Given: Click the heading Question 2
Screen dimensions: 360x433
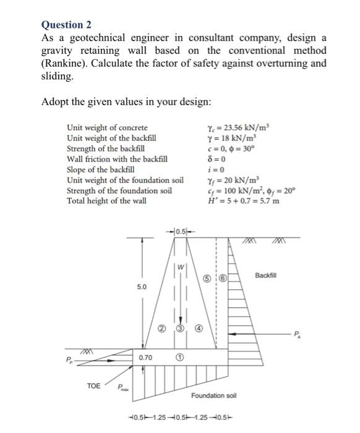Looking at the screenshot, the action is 66,25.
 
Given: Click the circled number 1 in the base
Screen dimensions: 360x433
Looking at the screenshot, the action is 179,357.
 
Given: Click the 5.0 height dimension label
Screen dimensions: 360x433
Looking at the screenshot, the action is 142,287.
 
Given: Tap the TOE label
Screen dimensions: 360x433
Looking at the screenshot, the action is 93,385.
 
